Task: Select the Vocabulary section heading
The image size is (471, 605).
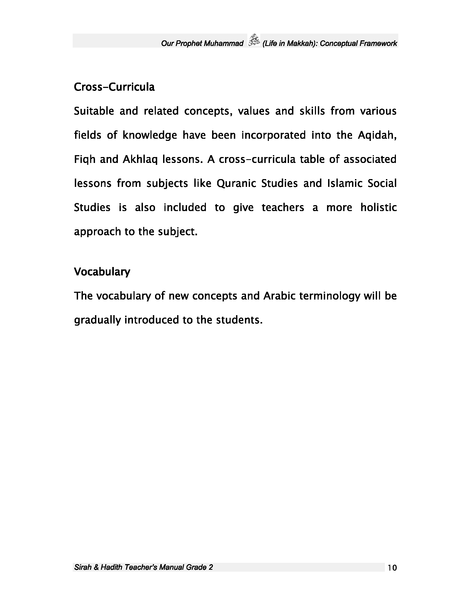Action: pyautogui.click(x=102, y=272)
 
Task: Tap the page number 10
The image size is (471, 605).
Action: pyautogui.click(x=392, y=568)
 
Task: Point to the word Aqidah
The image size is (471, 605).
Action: pyautogui.click(x=377, y=135)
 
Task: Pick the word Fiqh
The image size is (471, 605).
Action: pyautogui.click(x=85, y=159)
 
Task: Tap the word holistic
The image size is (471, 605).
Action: pyautogui.click(x=378, y=208)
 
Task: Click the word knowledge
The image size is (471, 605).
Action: pyautogui.click(x=150, y=135)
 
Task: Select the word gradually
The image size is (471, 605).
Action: pyautogui.click(x=98, y=320)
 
